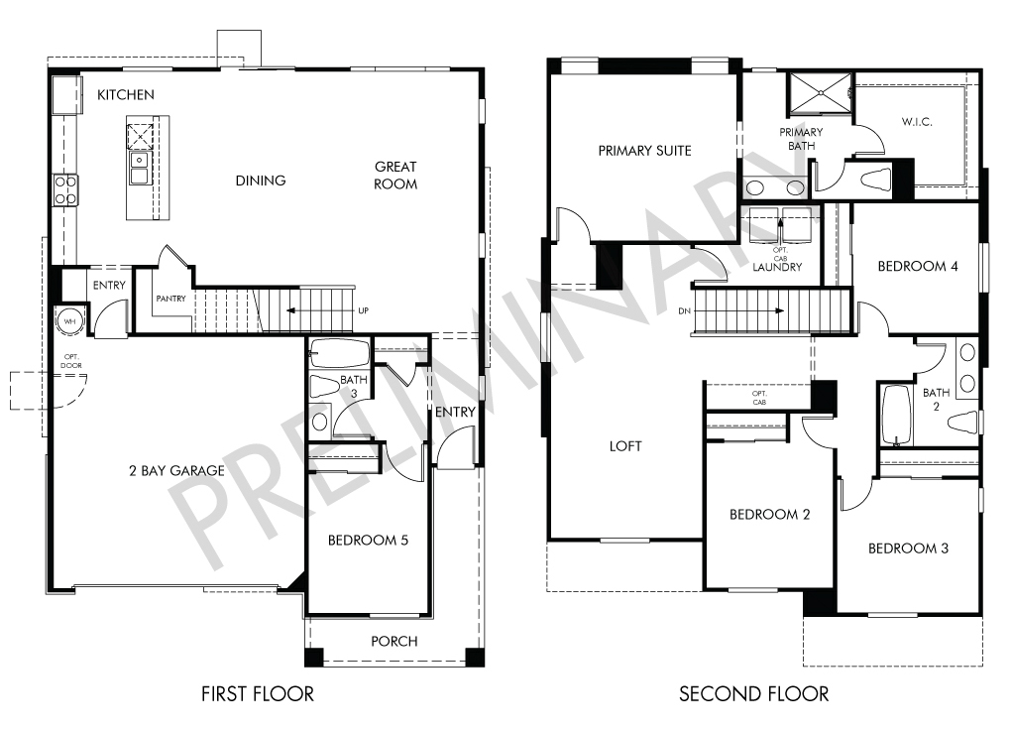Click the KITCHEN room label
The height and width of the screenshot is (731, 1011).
coord(126,95)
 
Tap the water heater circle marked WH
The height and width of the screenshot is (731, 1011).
coord(69,321)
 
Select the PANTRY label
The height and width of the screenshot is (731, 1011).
coord(170,299)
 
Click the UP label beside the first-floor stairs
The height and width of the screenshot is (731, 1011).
coord(364,311)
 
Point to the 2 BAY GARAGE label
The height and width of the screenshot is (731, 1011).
coord(176,471)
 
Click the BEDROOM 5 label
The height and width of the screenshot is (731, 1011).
coord(368,540)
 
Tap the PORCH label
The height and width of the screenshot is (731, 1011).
coord(393,642)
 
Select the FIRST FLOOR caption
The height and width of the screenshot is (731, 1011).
coord(258,694)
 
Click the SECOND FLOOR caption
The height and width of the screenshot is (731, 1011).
coord(753,694)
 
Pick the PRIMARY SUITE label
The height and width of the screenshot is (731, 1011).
coord(645,151)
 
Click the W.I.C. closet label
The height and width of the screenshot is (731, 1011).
coord(917,122)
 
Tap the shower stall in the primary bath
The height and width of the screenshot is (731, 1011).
coord(821,93)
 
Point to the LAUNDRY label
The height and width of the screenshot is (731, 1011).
coord(778,267)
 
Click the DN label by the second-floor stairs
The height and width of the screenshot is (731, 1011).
coord(685,311)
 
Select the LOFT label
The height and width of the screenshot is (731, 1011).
coord(625,446)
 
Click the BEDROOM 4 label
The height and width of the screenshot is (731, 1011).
coord(918,267)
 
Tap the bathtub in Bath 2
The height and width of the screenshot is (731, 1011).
coord(896,415)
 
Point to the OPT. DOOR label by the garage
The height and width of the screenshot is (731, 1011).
coord(71,361)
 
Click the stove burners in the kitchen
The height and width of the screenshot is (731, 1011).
coord(65,190)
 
